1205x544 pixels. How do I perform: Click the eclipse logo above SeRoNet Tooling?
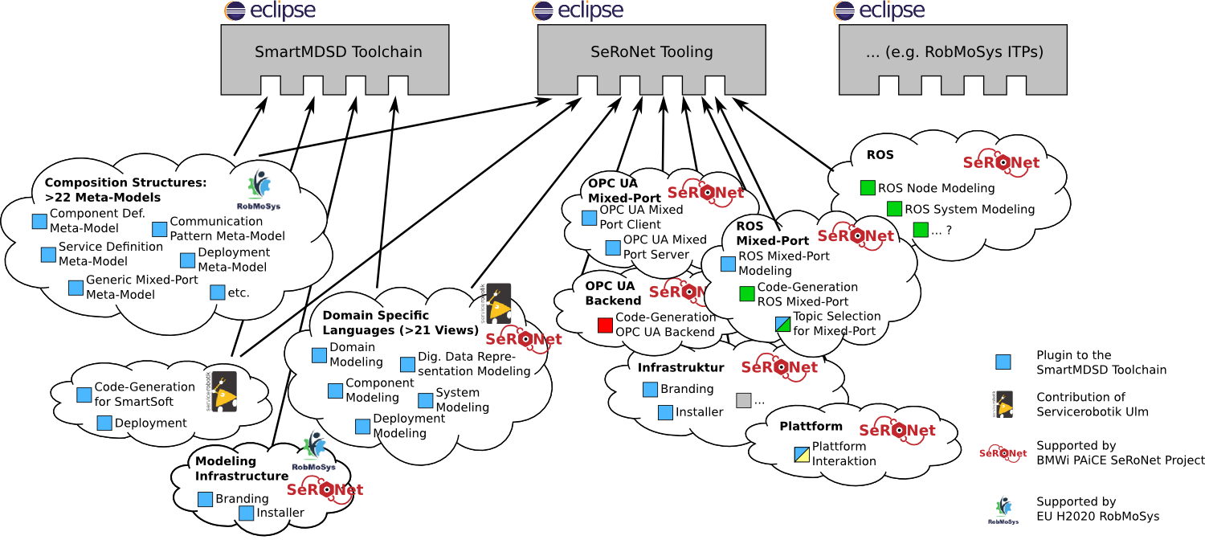pyautogui.click(x=578, y=10)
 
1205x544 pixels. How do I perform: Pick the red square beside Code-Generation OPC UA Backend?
pyautogui.click(x=605, y=325)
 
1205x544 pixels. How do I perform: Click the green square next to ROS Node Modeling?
pyautogui.click(x=868, y=188)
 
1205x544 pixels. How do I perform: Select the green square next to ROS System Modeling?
pyautogui.click(x=895, y=209)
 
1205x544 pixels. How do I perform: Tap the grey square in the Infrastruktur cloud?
pyautogui.click(x=743, y=400)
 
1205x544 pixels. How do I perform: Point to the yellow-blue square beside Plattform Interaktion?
pyautogui.click(x=802, y=454)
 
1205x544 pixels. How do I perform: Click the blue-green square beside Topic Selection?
pyautogui.click(x=783, y=324)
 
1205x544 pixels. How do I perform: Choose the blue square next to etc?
pyautogui.click(x=217, y=292)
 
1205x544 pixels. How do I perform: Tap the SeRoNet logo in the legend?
pyautogui.click(x=1003, y=453)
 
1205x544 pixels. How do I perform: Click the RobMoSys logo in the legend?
pyautogui.click(x=1003, y=510)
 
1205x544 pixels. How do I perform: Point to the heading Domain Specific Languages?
pyautogui.click(x=400, y=322)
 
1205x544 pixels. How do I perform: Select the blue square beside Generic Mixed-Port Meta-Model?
pyautogui.click(x=76, y=288)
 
